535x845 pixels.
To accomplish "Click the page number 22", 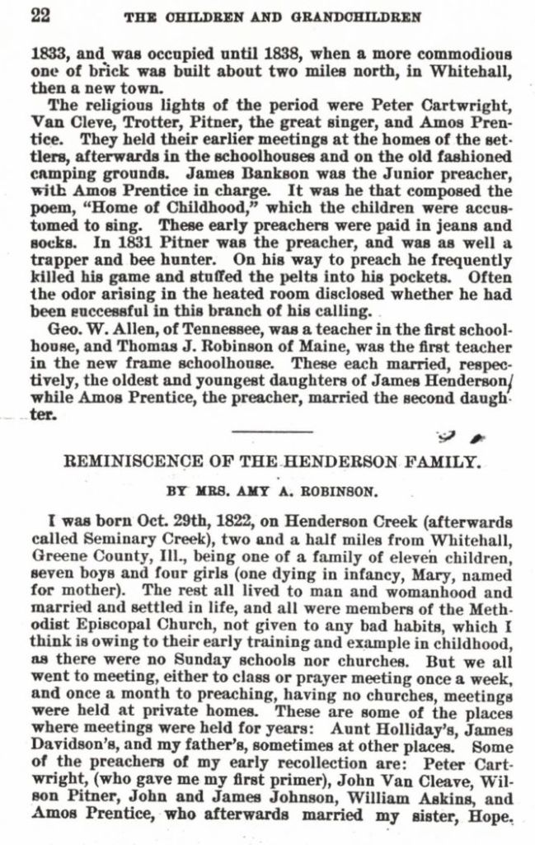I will click(x=40, y=14).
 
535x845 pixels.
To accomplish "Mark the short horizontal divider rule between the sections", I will click(x=273, y=430).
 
